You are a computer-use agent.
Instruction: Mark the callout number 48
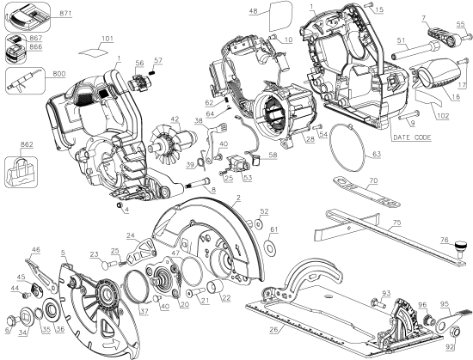(253, 10)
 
